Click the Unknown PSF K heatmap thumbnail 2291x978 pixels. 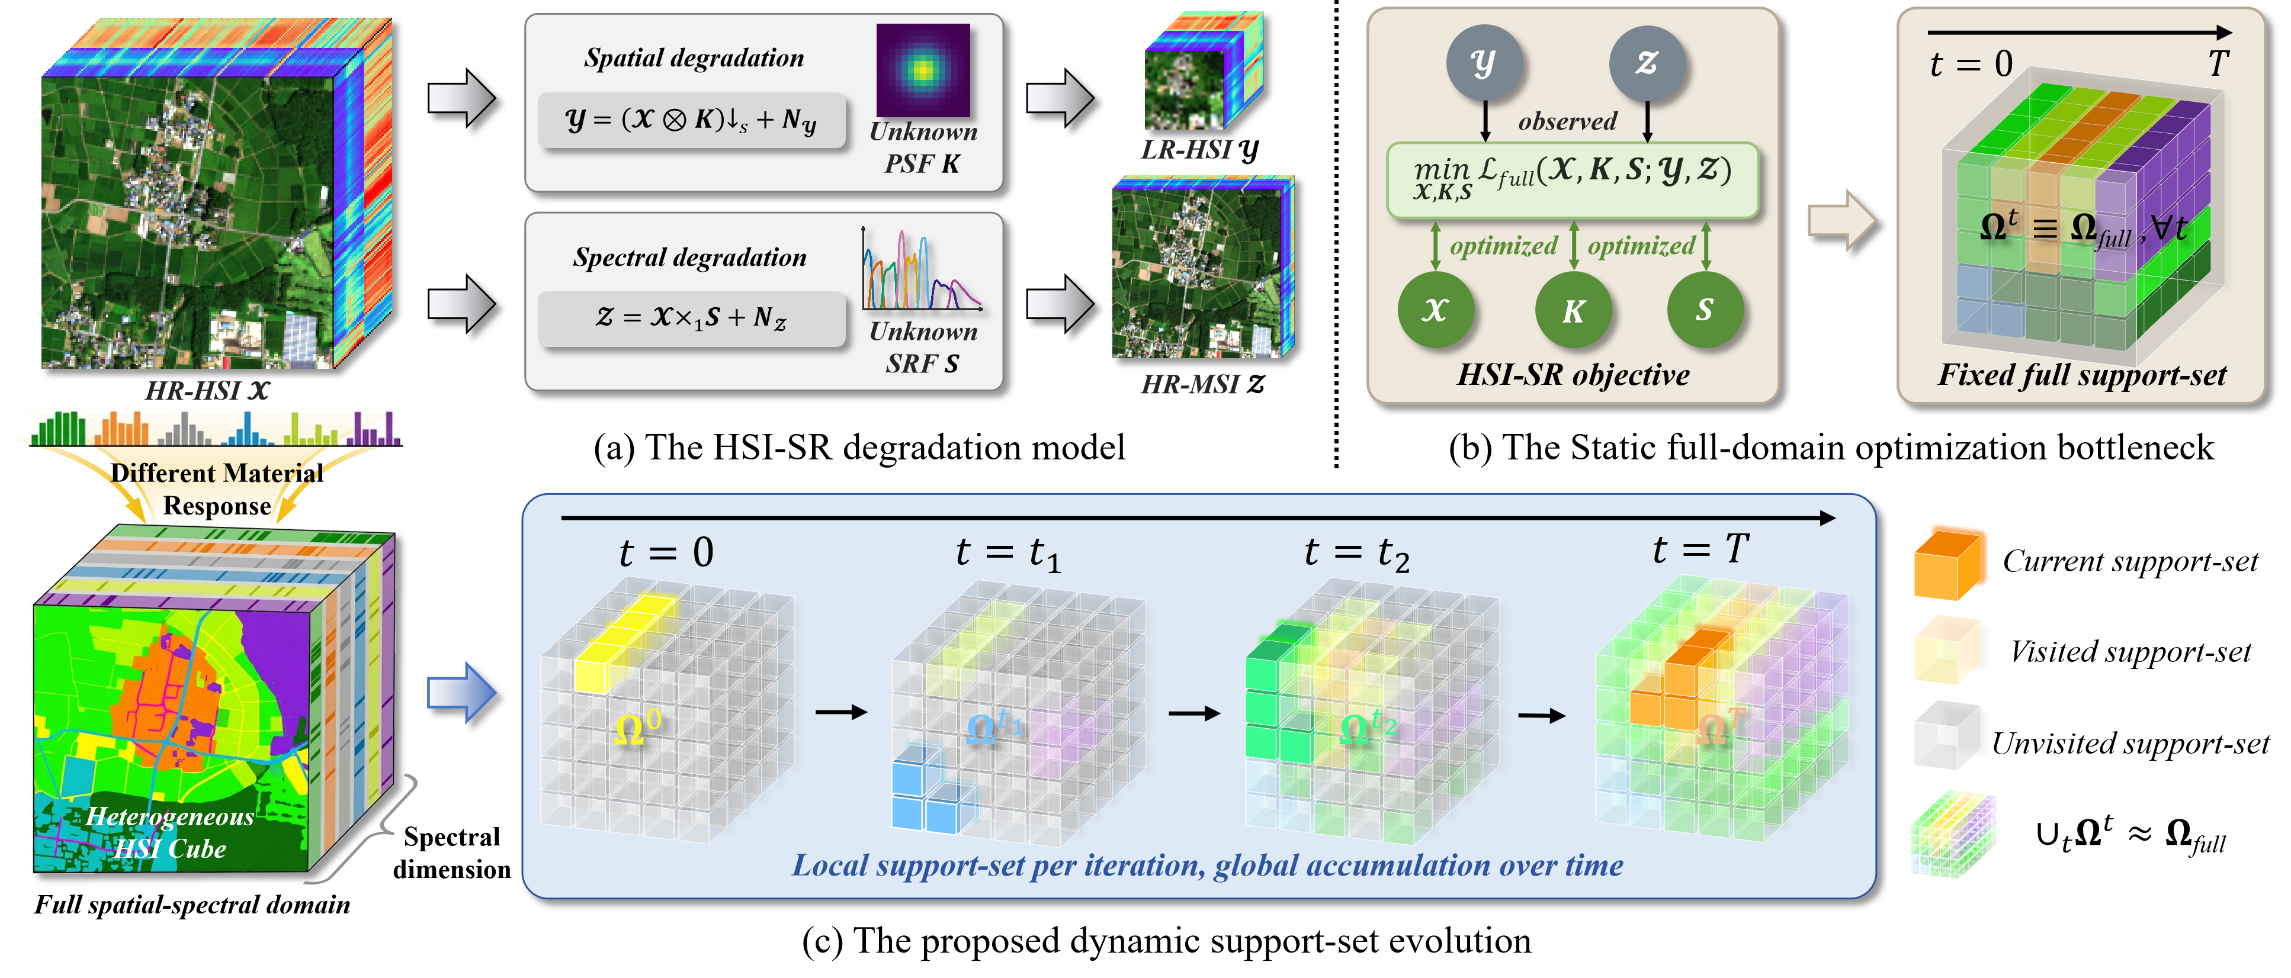923,69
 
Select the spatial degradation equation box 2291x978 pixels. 692,120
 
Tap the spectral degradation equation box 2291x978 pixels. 692,317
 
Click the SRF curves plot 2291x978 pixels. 922,269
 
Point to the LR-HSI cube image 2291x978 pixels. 1204,71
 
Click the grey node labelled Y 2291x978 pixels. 1484,62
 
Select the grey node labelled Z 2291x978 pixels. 1647,62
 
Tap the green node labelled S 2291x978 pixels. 1704,310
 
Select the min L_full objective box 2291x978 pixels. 1573,179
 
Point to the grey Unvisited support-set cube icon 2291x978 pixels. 1947,735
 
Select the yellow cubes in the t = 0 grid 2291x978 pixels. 623,640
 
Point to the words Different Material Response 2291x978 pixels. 217,489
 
